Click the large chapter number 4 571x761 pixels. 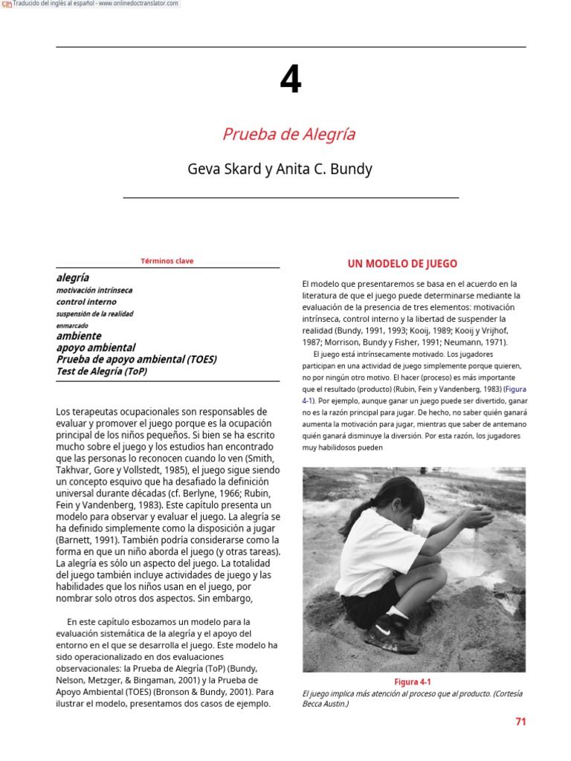(290, 80)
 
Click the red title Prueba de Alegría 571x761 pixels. (288, 135)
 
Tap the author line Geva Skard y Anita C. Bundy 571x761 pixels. (280, 169)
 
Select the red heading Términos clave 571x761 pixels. (167, 261)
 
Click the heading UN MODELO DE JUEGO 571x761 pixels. (402, 264)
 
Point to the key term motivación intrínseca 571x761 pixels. (94, 291)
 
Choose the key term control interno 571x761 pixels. (86, 302)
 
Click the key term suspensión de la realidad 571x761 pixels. (94, 314)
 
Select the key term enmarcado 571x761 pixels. (72, 326)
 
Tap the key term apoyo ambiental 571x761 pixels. (96, 348)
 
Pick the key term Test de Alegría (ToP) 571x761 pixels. (102, 371)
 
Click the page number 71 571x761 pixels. (520, 722)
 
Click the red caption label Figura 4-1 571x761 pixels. (413, 682)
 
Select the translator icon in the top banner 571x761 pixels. (7, 4)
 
